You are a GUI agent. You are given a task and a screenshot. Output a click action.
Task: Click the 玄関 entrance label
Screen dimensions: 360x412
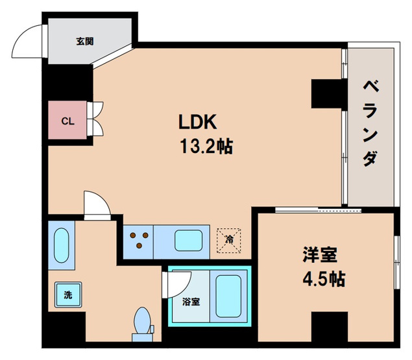click(x=84, y=42)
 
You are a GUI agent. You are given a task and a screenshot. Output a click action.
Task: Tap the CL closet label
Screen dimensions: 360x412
click(x=67, y=120)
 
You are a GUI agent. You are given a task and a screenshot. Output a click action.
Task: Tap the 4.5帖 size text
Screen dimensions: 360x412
click(x=322, y=280)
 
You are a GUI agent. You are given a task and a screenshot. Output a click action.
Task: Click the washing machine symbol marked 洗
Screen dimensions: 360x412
click(x=67, y=294)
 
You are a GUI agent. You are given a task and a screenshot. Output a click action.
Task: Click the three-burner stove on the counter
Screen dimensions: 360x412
click(x=139, y=241)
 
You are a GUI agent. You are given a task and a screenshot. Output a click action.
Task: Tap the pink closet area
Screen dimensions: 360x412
click(x=67, y=120)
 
